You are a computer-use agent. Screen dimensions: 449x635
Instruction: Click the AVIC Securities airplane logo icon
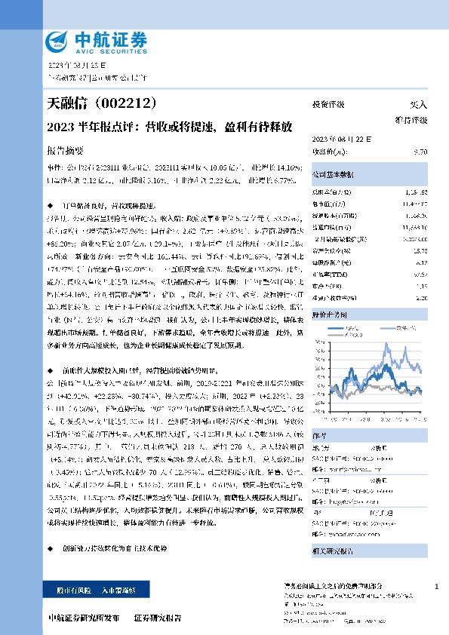coord(59,41)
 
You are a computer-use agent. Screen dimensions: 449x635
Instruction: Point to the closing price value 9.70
coord(421,152)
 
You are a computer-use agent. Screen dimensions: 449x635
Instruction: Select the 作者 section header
coord(319,434)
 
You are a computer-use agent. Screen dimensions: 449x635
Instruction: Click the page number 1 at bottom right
coord(437,587)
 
